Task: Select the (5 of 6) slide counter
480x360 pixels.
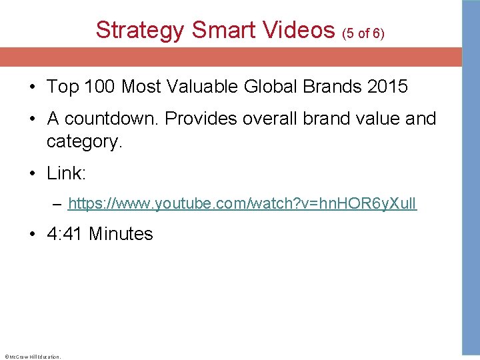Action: (363, 33)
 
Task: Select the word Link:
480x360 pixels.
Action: (67, 174)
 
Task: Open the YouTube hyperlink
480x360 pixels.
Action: (243, 204)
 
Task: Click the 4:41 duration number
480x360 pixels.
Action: (65, 234)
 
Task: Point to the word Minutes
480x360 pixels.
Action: (121, 234)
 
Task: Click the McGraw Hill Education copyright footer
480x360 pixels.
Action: (32, 357)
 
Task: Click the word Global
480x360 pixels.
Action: (269, 87)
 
